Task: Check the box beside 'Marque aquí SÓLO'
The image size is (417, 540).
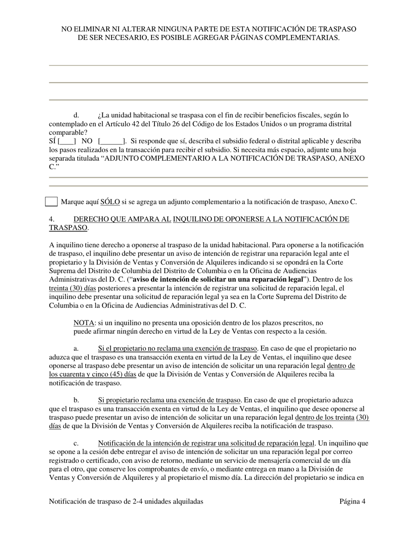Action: click(51, 202)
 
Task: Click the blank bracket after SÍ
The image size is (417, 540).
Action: click(67, 141)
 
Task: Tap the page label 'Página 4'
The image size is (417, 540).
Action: click(352, 501)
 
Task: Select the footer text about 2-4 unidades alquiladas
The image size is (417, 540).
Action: click(126, 501)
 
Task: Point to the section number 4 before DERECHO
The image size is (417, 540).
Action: click(52, 219)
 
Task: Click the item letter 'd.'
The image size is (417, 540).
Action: click(76, 115)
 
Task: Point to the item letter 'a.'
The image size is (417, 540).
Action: click(76, 349)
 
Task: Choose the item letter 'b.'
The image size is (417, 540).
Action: click(76, 400)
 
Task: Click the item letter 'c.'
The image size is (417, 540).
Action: click(76, 443)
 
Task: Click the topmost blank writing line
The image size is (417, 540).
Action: click(208, 65)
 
